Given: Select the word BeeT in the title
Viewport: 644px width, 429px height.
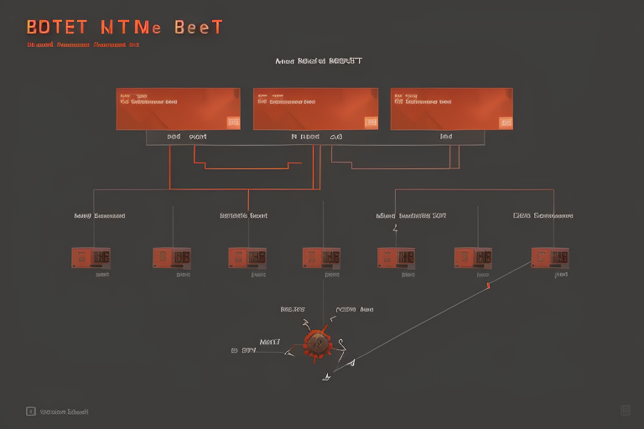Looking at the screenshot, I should [x=199, y=27].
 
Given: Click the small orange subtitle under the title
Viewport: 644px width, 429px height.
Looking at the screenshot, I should [x=82, y=44].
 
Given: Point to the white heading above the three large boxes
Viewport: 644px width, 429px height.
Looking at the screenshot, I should [x=318, y=61].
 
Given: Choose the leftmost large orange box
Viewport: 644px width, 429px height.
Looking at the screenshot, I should [x=179, y=109].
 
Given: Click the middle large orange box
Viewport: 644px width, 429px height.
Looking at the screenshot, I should [x=315, y=109].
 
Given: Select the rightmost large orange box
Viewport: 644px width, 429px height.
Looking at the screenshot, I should [x=452, y=109].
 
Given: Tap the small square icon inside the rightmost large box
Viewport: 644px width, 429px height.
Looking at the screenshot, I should [x=506, y=122].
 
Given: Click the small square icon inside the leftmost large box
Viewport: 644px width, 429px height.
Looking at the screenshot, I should [x=232, y=122].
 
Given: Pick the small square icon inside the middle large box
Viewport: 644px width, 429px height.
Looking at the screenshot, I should [x=370, y=122].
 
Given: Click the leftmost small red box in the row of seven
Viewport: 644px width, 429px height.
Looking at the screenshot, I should [x=91, y=257].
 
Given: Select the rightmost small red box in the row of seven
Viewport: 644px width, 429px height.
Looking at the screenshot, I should [x=550, y=257].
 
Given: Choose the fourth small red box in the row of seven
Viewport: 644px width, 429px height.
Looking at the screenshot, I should [x=321, y=257].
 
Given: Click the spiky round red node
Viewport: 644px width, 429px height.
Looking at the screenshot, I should [x=316, y=342].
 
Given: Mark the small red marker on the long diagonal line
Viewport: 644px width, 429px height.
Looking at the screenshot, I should [x=487, y=286].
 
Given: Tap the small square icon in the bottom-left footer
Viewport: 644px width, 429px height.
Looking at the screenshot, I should [x=31, y=411].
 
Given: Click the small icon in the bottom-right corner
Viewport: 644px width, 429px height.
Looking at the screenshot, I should [x=626, y=410].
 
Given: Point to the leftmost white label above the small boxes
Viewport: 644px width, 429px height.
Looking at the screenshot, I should [x=99, y=215].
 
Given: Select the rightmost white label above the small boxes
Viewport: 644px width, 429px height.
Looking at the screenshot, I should [x=543, y=215].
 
